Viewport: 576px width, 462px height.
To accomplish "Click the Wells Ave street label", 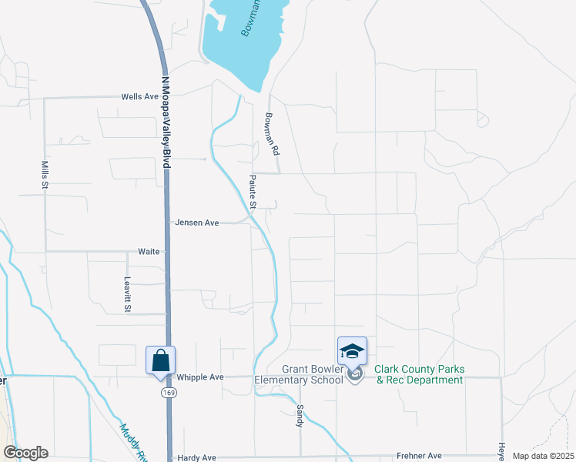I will coord(139,97).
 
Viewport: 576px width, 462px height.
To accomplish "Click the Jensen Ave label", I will coord(197,223).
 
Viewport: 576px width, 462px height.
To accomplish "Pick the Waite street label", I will coord(148,251).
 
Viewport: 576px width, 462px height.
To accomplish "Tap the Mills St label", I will coord(45,176).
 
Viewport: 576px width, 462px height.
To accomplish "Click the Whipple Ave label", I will coord(199,377).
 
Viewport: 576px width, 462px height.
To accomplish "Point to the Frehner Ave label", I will coord(419,456).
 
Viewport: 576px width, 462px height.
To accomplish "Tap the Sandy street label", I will coord(300,415).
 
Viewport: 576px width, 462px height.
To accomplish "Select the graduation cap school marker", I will coord(352,352).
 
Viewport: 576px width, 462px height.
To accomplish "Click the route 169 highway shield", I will coord(166,393).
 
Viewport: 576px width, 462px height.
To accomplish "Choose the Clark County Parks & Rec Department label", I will coord(419,373).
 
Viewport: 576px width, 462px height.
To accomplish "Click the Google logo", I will coord(25,453).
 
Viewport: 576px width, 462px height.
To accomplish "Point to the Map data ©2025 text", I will coord(542,456).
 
